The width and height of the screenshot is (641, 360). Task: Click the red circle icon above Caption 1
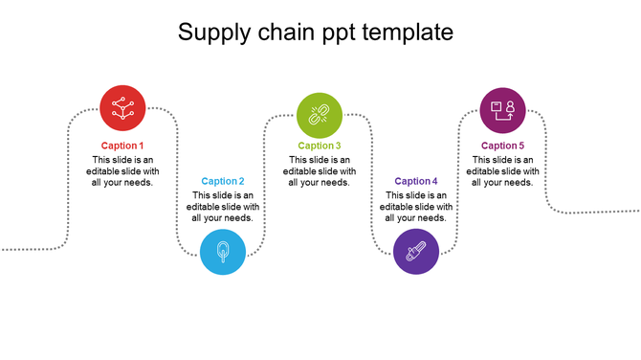coord(122,107)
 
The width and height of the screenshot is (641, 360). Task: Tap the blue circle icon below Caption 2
coord(222,253)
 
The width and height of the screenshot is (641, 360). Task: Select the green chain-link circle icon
coord(320,116)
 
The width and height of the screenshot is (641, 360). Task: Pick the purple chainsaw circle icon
coord(416,253)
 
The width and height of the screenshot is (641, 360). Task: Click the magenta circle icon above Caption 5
coord(502,109)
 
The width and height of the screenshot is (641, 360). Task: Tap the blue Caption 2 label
coord(223,181)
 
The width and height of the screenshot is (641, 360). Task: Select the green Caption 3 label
coord(320,146)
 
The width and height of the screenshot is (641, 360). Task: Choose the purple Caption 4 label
coord(416,181)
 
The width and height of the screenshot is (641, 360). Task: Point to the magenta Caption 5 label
coord(502,146)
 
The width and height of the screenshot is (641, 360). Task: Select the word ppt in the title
coord(338,34)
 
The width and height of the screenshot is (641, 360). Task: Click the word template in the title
coord(409,34)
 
